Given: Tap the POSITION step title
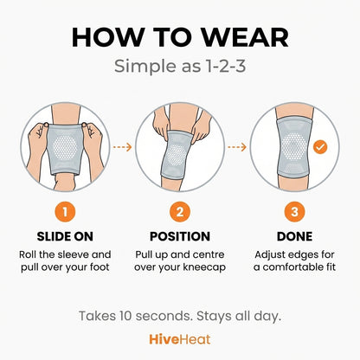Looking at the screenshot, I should point(180,236).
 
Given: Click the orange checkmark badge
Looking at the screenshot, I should point(320,148).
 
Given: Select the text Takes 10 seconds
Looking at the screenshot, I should point(133,315).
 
